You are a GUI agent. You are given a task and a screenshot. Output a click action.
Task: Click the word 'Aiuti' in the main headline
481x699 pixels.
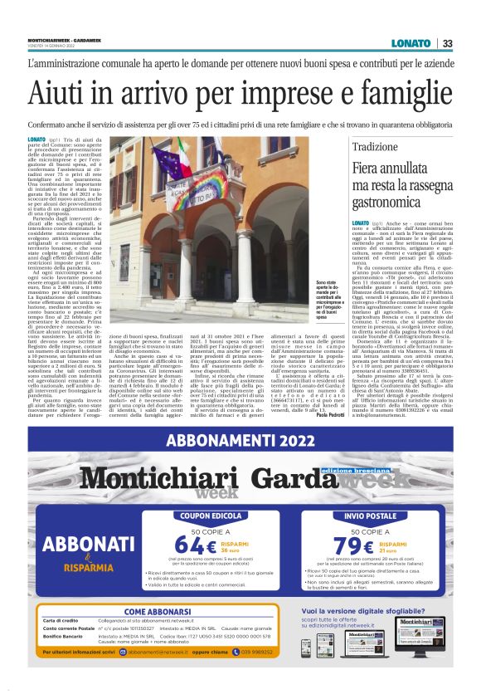(63, 90)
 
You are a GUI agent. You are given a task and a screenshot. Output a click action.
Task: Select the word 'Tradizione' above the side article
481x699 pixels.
(380, 146)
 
